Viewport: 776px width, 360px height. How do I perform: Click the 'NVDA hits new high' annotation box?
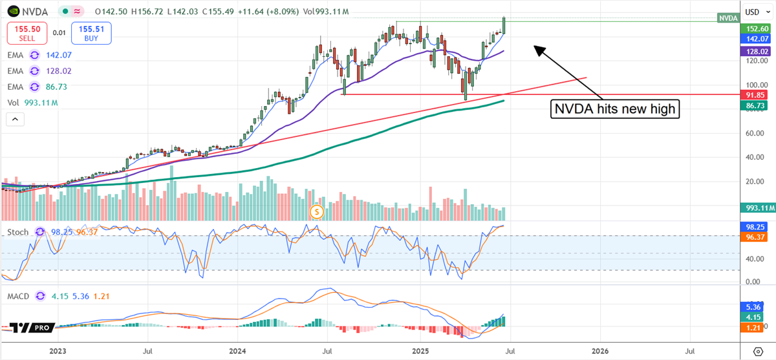tap(615, 109)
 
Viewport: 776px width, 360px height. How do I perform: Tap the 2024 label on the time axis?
tap(237, 352)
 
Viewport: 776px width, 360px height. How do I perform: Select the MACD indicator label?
tap(20, 295)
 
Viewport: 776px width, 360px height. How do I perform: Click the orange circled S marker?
tap(316, 211)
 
